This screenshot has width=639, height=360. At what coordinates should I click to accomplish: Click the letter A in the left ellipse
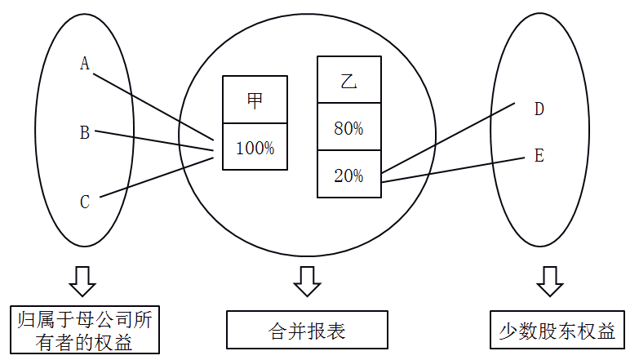[x=84, y=64]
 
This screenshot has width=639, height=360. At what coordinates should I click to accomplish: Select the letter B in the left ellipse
[x=84, y=132]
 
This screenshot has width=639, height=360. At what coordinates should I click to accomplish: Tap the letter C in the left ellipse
[x=84, y=202]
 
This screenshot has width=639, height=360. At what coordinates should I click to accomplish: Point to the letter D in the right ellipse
[x=539, y=109]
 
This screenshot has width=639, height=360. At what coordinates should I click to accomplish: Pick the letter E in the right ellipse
[x=539, y=156]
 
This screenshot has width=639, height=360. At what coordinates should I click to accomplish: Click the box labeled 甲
[x=255, y=100]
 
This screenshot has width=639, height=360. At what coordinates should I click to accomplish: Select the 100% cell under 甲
[x=255, y=148]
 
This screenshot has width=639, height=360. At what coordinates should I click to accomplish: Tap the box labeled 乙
[x=348, y=80]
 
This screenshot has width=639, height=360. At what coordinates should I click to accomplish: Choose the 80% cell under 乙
[x=348, y=127]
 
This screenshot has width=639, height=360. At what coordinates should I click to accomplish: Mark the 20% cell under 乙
[x=348, y=175]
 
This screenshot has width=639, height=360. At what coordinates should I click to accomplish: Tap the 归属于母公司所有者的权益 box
[x=84, y=331]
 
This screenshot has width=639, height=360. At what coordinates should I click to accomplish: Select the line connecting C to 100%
[x=155, y=177]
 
